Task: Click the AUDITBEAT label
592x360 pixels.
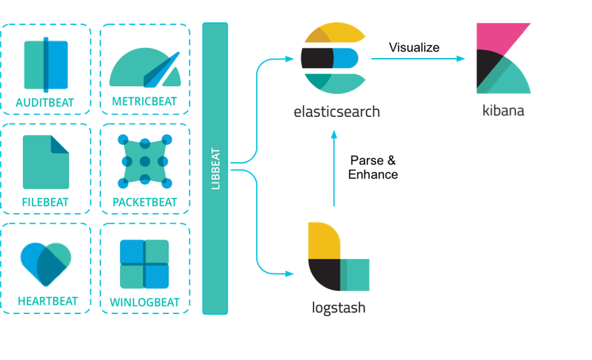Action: coord(45,103)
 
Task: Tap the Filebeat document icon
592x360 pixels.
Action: coord(45,162)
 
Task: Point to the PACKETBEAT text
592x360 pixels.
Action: coord(144,202)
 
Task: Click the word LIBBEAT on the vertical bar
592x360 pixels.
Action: coord(215,169)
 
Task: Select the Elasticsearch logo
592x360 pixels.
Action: coord(334,58)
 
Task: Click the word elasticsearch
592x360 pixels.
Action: coord(337,112)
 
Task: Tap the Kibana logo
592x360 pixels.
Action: coord(504,59)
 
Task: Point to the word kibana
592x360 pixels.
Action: coord(503,111)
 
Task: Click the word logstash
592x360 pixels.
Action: coord(339,308)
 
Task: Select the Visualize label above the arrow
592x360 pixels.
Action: coord(414,47)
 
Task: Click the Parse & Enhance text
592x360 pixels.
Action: coord(372,167)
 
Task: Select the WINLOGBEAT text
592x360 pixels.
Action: coord(144,301)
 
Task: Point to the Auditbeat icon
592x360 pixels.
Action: coord(45,65)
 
